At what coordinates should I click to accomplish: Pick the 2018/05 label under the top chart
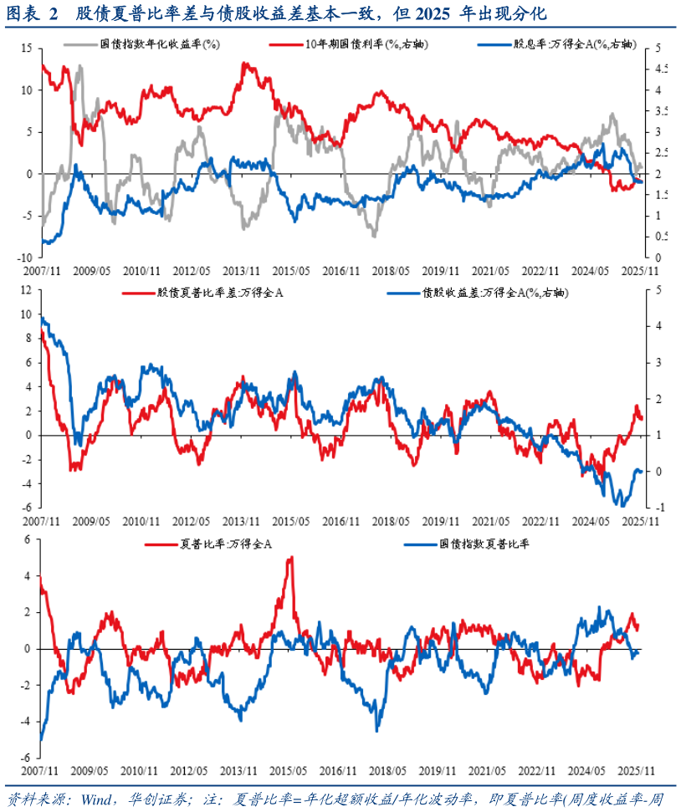point(392,271)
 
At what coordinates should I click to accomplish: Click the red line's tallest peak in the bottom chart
point(290,558)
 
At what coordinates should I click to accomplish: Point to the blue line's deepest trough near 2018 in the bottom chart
point(378,729)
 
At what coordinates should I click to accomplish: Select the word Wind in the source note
point(98,796)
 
